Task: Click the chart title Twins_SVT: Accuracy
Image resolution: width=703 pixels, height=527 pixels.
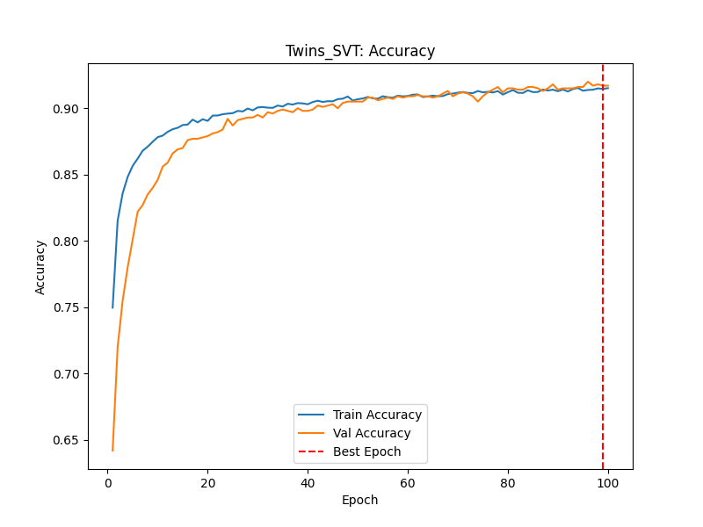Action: (x=360, y=51)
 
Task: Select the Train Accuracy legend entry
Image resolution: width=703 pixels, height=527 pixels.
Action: (x=377, y=415)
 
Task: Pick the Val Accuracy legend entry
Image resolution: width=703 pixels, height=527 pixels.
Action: (x=372, y=433)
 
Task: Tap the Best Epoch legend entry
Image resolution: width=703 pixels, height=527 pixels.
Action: (x=366, y=451)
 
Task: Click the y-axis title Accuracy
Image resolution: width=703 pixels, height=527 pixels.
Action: (x=40, y=267)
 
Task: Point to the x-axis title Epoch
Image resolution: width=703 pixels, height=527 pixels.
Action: (x=360, y=500)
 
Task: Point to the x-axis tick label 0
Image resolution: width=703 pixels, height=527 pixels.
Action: (x=107, y=482)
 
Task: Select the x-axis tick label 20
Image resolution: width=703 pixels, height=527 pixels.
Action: (x=207, y=482)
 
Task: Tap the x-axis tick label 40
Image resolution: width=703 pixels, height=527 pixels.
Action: (x=308, y=482)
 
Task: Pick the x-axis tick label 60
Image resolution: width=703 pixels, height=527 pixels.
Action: (x=408, y=482)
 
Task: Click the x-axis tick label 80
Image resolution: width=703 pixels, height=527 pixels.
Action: (x=508, y=482)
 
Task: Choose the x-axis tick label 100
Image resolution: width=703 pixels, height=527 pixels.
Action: (x=608, y=482)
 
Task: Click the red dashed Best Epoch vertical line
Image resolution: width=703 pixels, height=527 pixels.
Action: (x=603, y=263)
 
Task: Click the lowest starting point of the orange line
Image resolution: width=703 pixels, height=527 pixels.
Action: (x=112, y=451)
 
